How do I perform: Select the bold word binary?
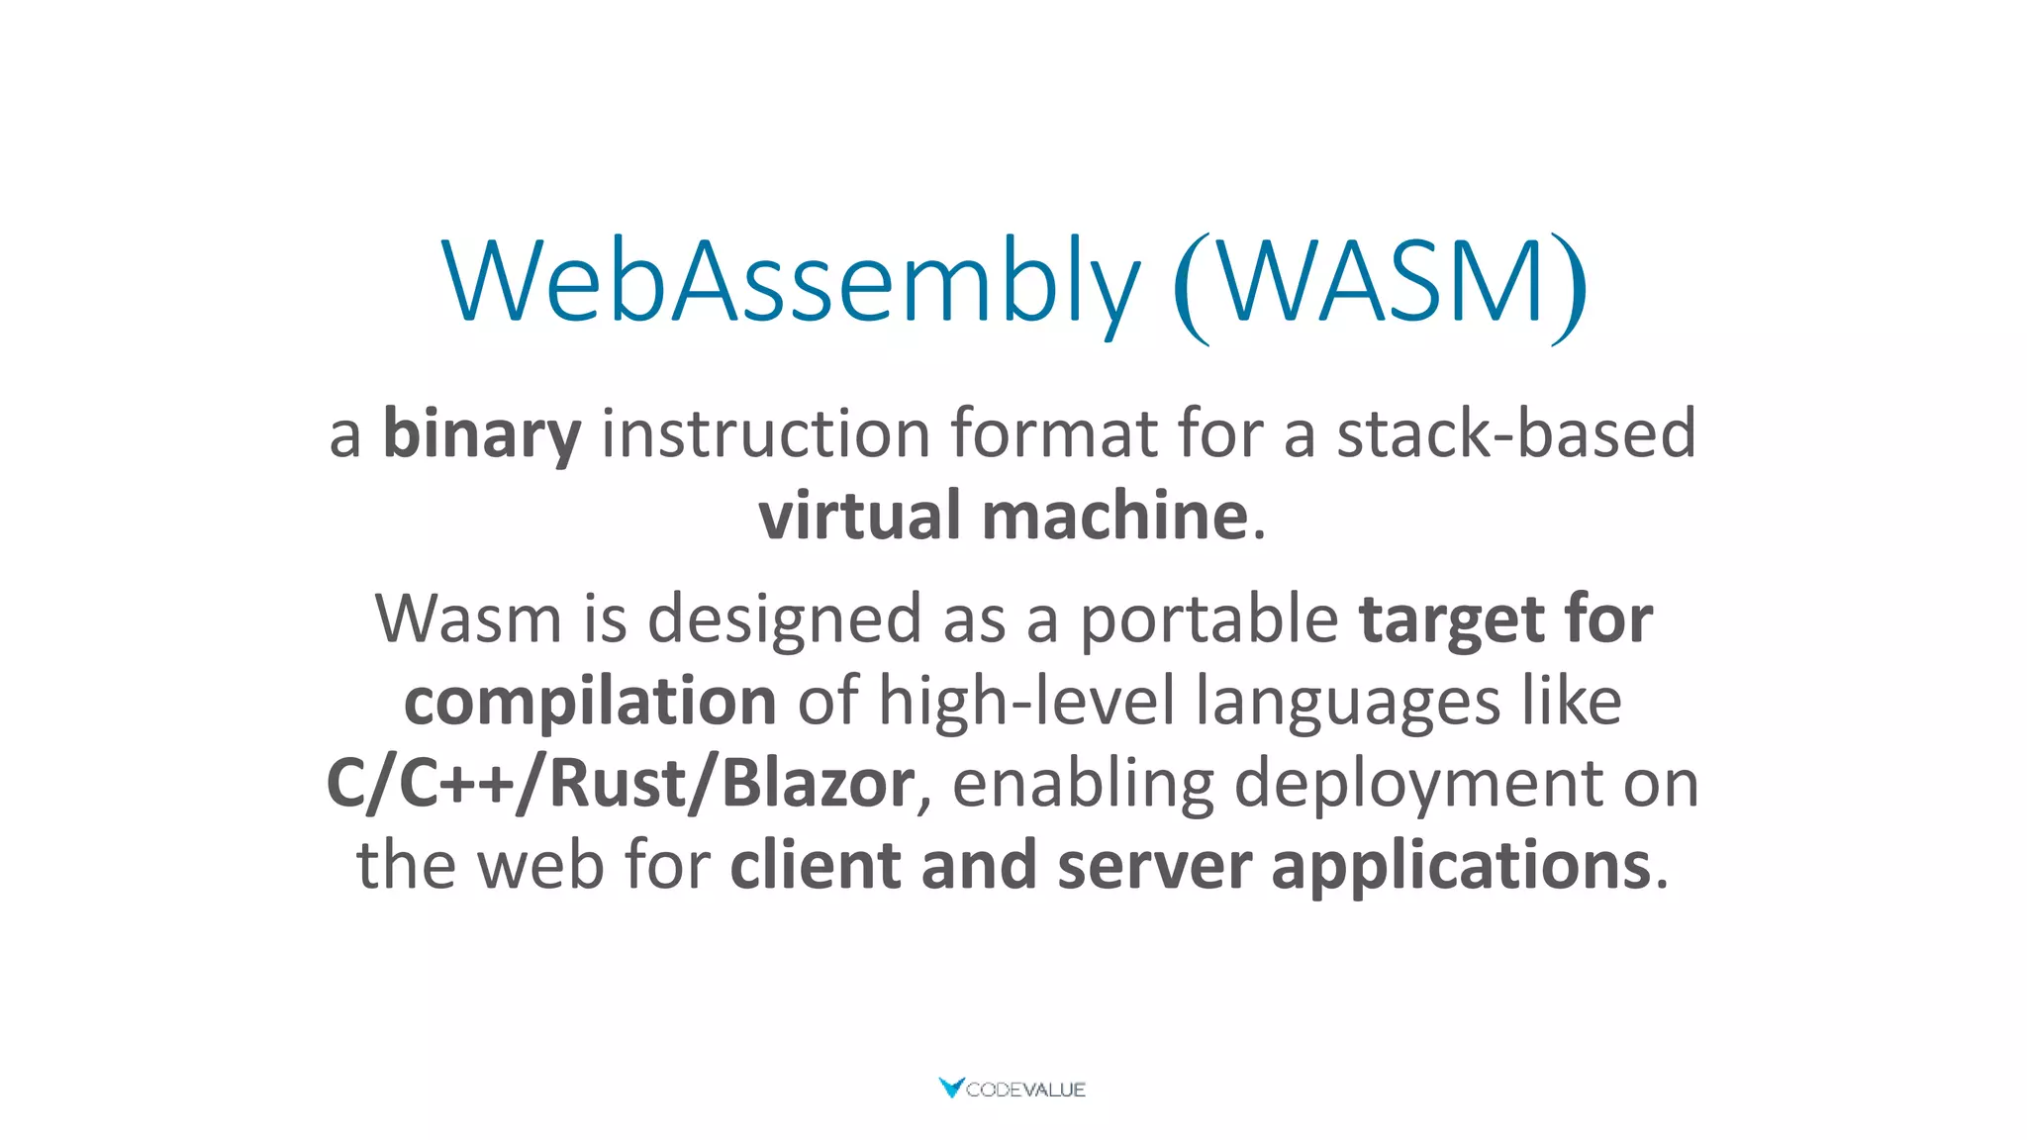482,434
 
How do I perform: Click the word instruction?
765,434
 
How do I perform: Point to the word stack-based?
1516,434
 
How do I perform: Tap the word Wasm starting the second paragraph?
468,619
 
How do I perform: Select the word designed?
784,619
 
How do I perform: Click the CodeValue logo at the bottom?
1012,1089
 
